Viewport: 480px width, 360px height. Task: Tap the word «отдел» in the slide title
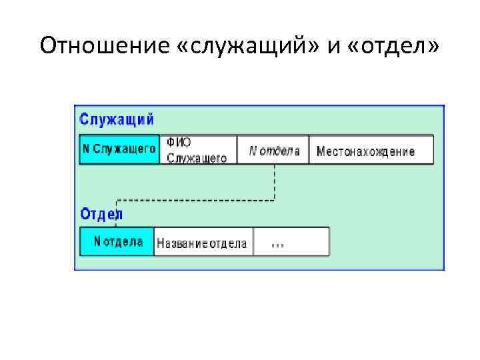click(x=395, y=47)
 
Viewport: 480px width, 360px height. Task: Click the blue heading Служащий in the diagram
click(x=117, y=120)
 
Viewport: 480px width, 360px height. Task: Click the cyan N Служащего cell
click(x=120, y=150)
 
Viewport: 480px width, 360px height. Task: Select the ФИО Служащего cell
click(x=198, y=150)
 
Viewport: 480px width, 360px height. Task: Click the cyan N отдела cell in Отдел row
click(x=117, y=241)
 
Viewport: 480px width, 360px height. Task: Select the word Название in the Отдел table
click(x=182, y=243)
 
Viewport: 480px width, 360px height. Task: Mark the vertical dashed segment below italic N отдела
click(x=275, y=181)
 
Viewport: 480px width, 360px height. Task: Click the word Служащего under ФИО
click(x=197, y=159)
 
